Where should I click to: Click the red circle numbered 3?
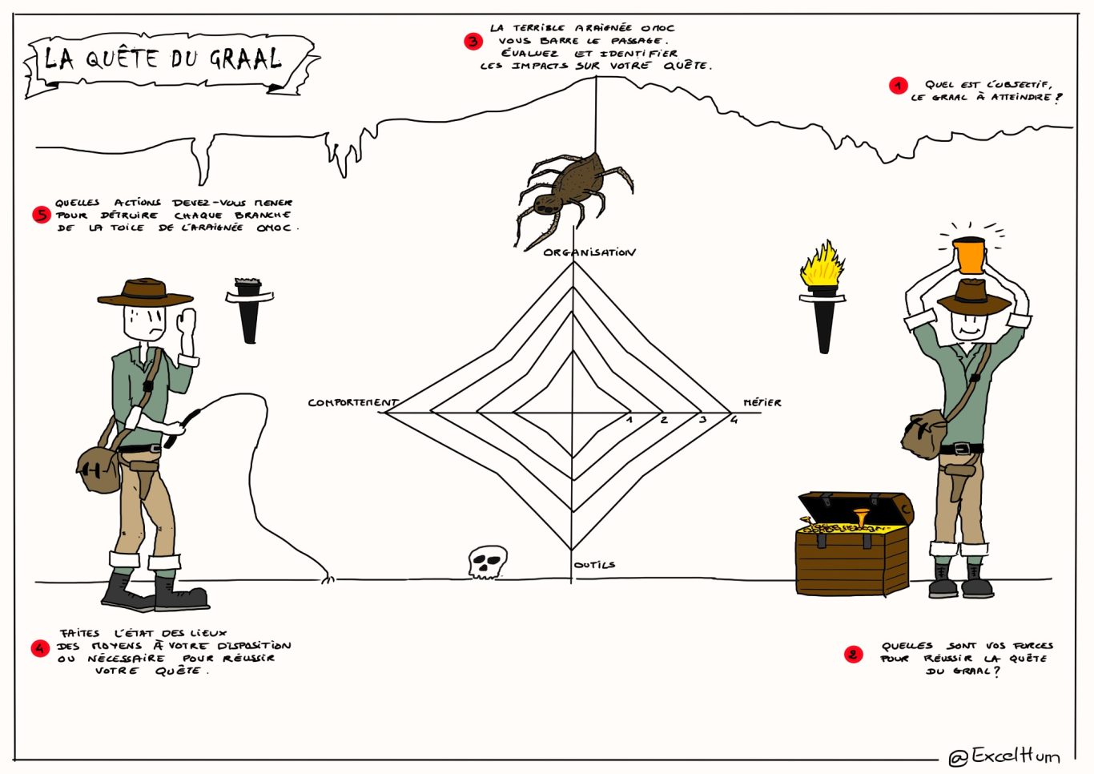click(473, 41)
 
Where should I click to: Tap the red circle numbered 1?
click(898, 86)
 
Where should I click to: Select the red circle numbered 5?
click(42, 215)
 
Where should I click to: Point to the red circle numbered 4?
click(41, 647)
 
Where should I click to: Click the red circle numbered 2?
click(854, 655)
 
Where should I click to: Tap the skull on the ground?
click(487, 562)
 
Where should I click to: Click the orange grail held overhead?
click(969, 255)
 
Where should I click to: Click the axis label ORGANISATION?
click(589, 252)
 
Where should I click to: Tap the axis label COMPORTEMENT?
click(352, 402)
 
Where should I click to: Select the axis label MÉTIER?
click(762, 402)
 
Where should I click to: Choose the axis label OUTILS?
click(595, 565)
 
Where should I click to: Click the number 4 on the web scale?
click(734, 419)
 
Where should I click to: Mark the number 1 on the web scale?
click(629, 419)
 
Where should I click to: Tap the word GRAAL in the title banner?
click(245, 58)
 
